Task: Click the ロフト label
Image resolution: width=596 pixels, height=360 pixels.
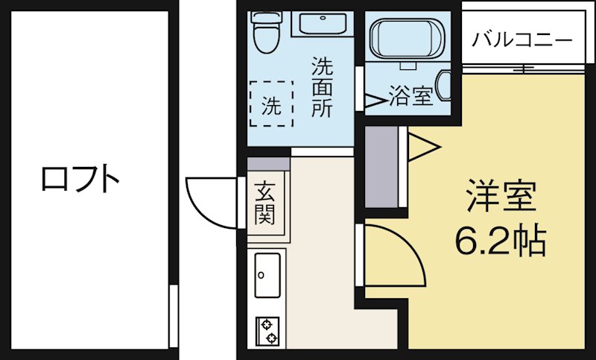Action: click(80, 179)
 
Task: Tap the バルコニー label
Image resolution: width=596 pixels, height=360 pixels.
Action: click(522, 39)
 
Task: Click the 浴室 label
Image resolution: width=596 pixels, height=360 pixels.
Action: click(410, 97)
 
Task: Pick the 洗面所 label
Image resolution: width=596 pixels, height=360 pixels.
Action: click(322, 87)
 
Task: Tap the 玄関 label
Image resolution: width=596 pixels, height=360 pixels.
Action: click(264, 203)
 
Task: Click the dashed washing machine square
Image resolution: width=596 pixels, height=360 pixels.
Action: click(271, 104)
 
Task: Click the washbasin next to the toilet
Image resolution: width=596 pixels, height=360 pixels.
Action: click(323, 23)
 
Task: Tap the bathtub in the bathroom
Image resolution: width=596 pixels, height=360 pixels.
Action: click(407, 38)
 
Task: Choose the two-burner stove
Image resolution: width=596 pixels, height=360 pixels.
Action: click(267, 330)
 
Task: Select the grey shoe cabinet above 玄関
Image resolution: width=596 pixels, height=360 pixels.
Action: click(267, 164)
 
